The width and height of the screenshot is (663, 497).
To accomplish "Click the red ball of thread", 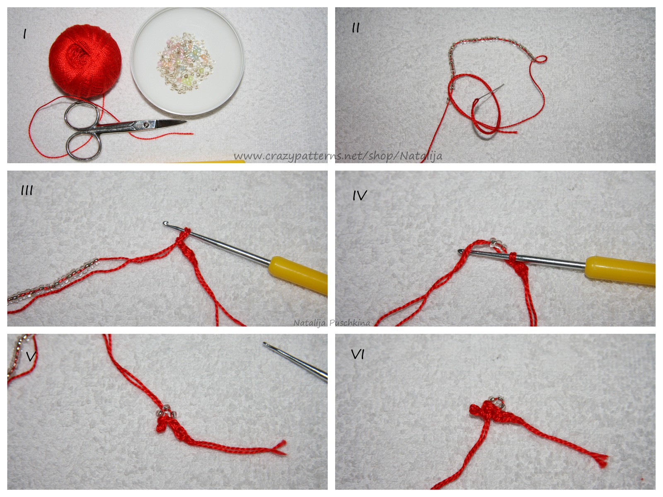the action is pyautogui.click(x=85, y=61).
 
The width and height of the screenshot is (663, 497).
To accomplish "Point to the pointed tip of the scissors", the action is pyautogui.click(x=186, y=122).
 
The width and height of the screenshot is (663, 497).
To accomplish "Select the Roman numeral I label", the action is pyautogui.click(x=25, y=34).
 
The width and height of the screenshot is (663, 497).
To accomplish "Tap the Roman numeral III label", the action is pyautogui.click(x=27, y=191).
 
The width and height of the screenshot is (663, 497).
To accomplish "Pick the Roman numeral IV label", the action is pyautogui.click(x=360, y=195).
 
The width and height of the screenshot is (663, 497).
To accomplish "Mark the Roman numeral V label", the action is pyautogui.click(x=31, y=356).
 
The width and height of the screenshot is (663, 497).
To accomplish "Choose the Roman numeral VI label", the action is pyautogui.click(x=358, y=355).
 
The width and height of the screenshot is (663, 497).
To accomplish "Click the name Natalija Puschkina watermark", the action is pyautogui.click(x=331, y=323).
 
